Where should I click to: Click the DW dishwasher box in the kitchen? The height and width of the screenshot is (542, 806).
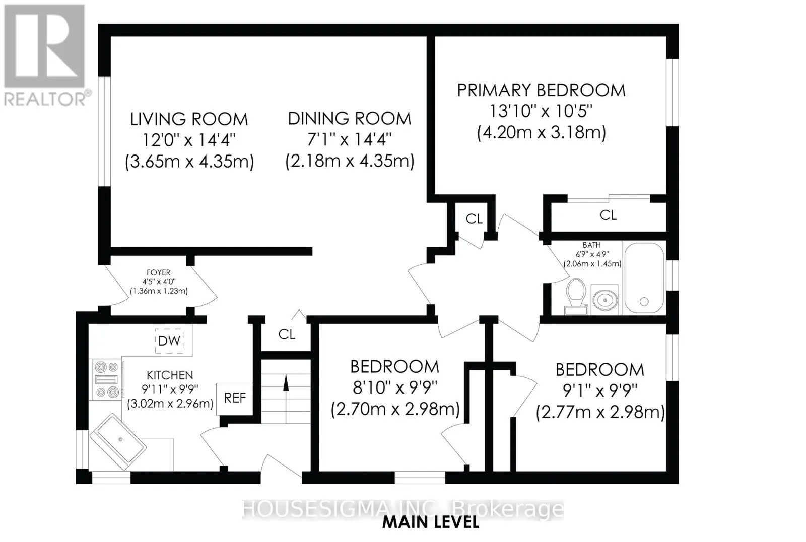coord(169,341)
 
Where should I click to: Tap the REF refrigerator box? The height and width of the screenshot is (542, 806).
coord(235,399)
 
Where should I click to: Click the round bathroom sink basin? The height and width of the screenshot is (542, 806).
coord(605,300)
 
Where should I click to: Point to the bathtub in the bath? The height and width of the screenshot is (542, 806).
coord(644,278)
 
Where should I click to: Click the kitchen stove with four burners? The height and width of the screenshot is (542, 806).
coord(106,380)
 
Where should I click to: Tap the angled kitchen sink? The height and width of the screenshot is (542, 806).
coord(118,441)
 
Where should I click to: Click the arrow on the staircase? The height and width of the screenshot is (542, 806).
coord(286,383)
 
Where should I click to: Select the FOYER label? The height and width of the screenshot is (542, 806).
coord(158,273)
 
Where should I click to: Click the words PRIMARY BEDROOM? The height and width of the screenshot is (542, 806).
coord(541,90)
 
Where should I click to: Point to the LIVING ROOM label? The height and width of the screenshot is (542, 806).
coord(189,119)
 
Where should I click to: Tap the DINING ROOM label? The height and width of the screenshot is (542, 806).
coord(350,119)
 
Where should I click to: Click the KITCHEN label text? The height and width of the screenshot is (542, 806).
coord(170,375)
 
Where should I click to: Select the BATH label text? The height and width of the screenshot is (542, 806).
coord(592,245)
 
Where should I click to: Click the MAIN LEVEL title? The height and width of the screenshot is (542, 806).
coord(430,523)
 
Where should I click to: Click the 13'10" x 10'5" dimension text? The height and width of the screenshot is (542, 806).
coord(541,111)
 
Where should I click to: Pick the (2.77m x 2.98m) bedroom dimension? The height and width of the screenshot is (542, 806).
coord(600,412)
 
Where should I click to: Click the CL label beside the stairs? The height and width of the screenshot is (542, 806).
coord(287,334)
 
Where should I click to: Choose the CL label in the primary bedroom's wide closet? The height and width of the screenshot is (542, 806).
coord(608,215)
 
